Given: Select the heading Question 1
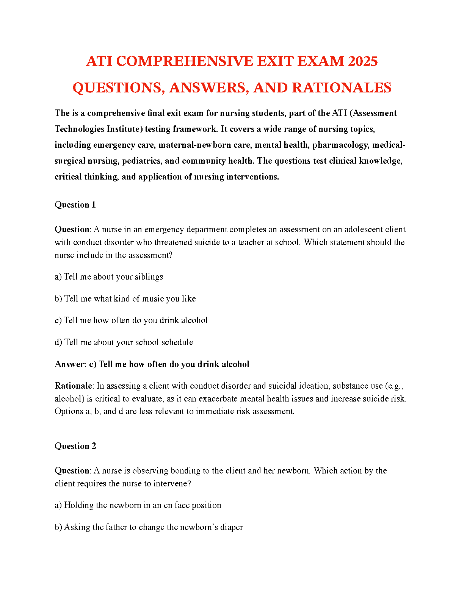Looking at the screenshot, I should pos(75,205).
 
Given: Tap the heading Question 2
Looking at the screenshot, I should pos(75,446).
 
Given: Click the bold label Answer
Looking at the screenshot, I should pos(70,364).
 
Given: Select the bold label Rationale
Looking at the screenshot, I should pos(73,386).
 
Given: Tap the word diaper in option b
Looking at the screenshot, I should pos(231,527).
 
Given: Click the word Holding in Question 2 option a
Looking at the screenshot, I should pos(78,505).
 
